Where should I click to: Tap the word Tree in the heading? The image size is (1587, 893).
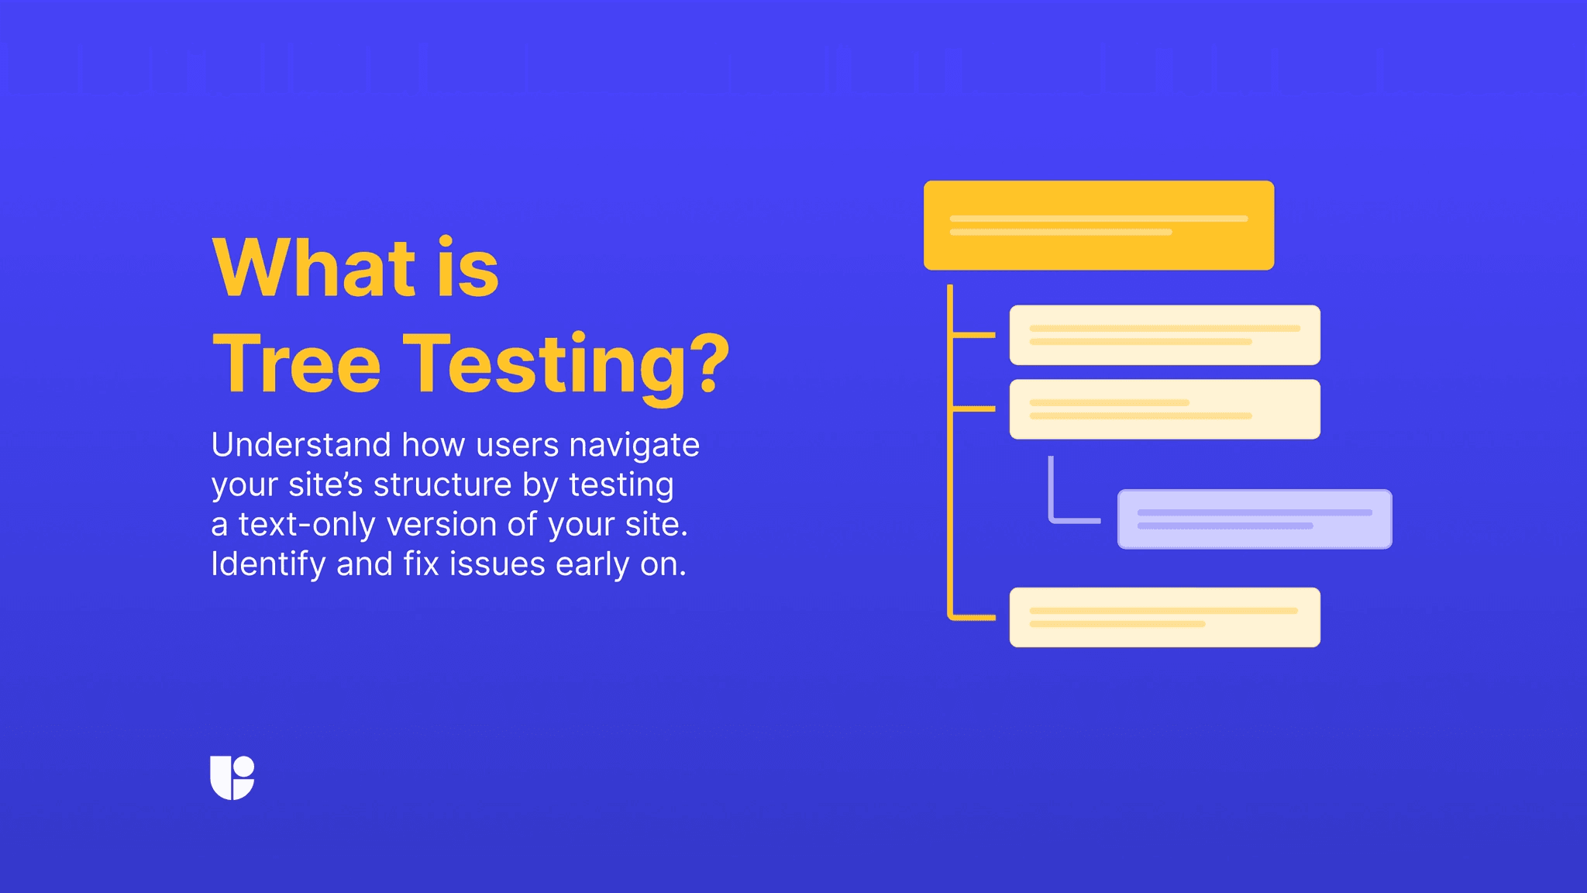click(297, 364)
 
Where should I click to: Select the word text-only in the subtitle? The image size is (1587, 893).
click(308, 525)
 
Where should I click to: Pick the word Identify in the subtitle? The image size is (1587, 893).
click(268, 565)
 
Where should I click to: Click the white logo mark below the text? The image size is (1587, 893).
click(232, 777)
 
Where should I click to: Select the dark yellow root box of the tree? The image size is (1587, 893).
click(1098, 226)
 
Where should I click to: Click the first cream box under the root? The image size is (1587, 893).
click(1164, 335)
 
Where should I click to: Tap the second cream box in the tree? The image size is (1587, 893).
click(1164, 409)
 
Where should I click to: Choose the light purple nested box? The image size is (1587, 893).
click(1254, 519)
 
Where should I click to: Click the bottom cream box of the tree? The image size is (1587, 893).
click(1164, 617)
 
